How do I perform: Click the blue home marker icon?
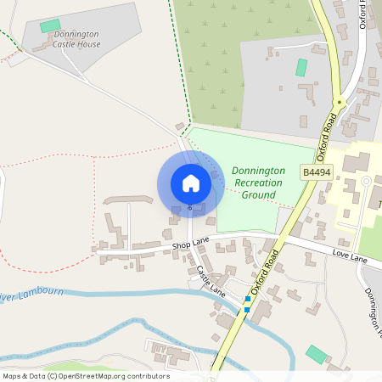point(190,183)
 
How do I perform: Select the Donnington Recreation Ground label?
point(256,183)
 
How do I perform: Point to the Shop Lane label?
point(190,244)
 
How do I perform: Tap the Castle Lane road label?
point(210,280)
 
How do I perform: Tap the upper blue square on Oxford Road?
point(248,299)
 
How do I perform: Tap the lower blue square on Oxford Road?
point(246,309)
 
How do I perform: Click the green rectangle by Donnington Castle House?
point(50,26)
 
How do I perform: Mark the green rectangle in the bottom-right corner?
point(316,354)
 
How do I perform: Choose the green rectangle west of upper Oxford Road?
point(301,67)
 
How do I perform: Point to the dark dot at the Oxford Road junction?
point(339,102)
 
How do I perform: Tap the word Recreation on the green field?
point(255,183)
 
